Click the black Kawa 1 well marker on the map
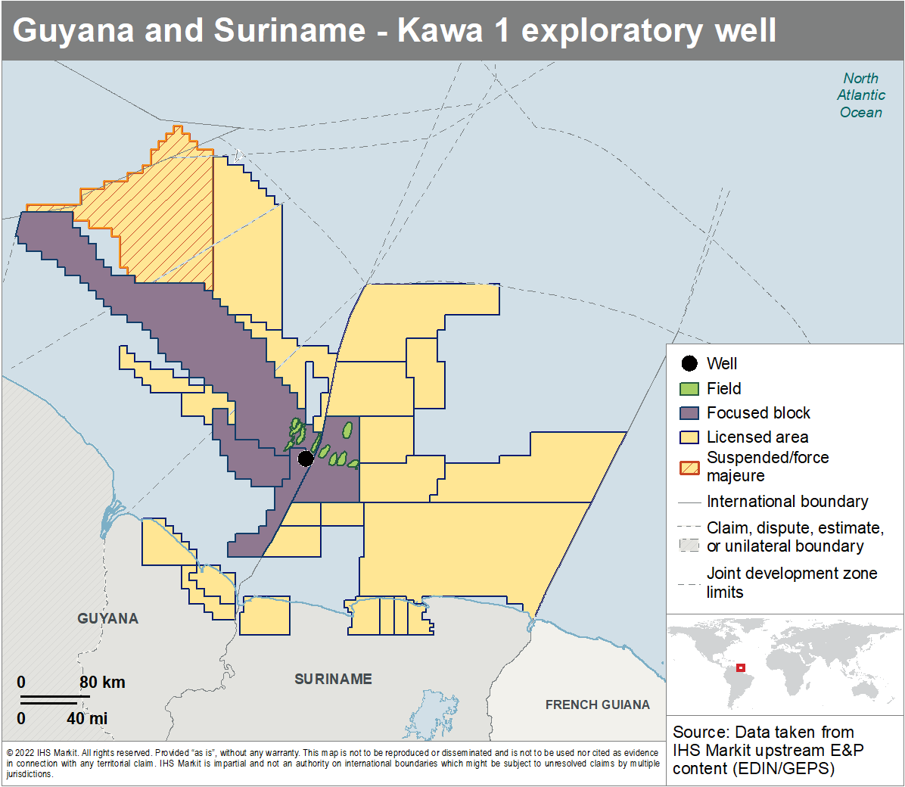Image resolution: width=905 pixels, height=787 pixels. (306, 459)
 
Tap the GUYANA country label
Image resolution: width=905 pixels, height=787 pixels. (107, 618)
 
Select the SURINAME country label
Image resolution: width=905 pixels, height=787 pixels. (333, 679)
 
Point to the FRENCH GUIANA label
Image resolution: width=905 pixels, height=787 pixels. (597, 705)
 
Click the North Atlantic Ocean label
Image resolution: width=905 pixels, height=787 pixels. (860, 95)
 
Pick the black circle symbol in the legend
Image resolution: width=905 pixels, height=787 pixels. (689, 364)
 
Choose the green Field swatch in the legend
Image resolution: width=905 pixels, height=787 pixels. (689, 389)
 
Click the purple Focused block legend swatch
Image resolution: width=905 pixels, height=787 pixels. (689, 413)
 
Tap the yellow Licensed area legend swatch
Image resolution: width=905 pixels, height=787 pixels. (689, 437)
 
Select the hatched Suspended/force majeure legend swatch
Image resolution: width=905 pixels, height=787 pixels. (689, 467)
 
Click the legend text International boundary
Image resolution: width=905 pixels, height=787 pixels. (787, 502)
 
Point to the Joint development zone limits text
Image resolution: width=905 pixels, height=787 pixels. (791, 583)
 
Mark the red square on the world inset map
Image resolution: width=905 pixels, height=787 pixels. (741, 667)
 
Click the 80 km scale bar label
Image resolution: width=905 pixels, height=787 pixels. (102, 682)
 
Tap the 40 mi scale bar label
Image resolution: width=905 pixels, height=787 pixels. (87, 718)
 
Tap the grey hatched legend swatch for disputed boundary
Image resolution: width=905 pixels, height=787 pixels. (689, 545)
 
